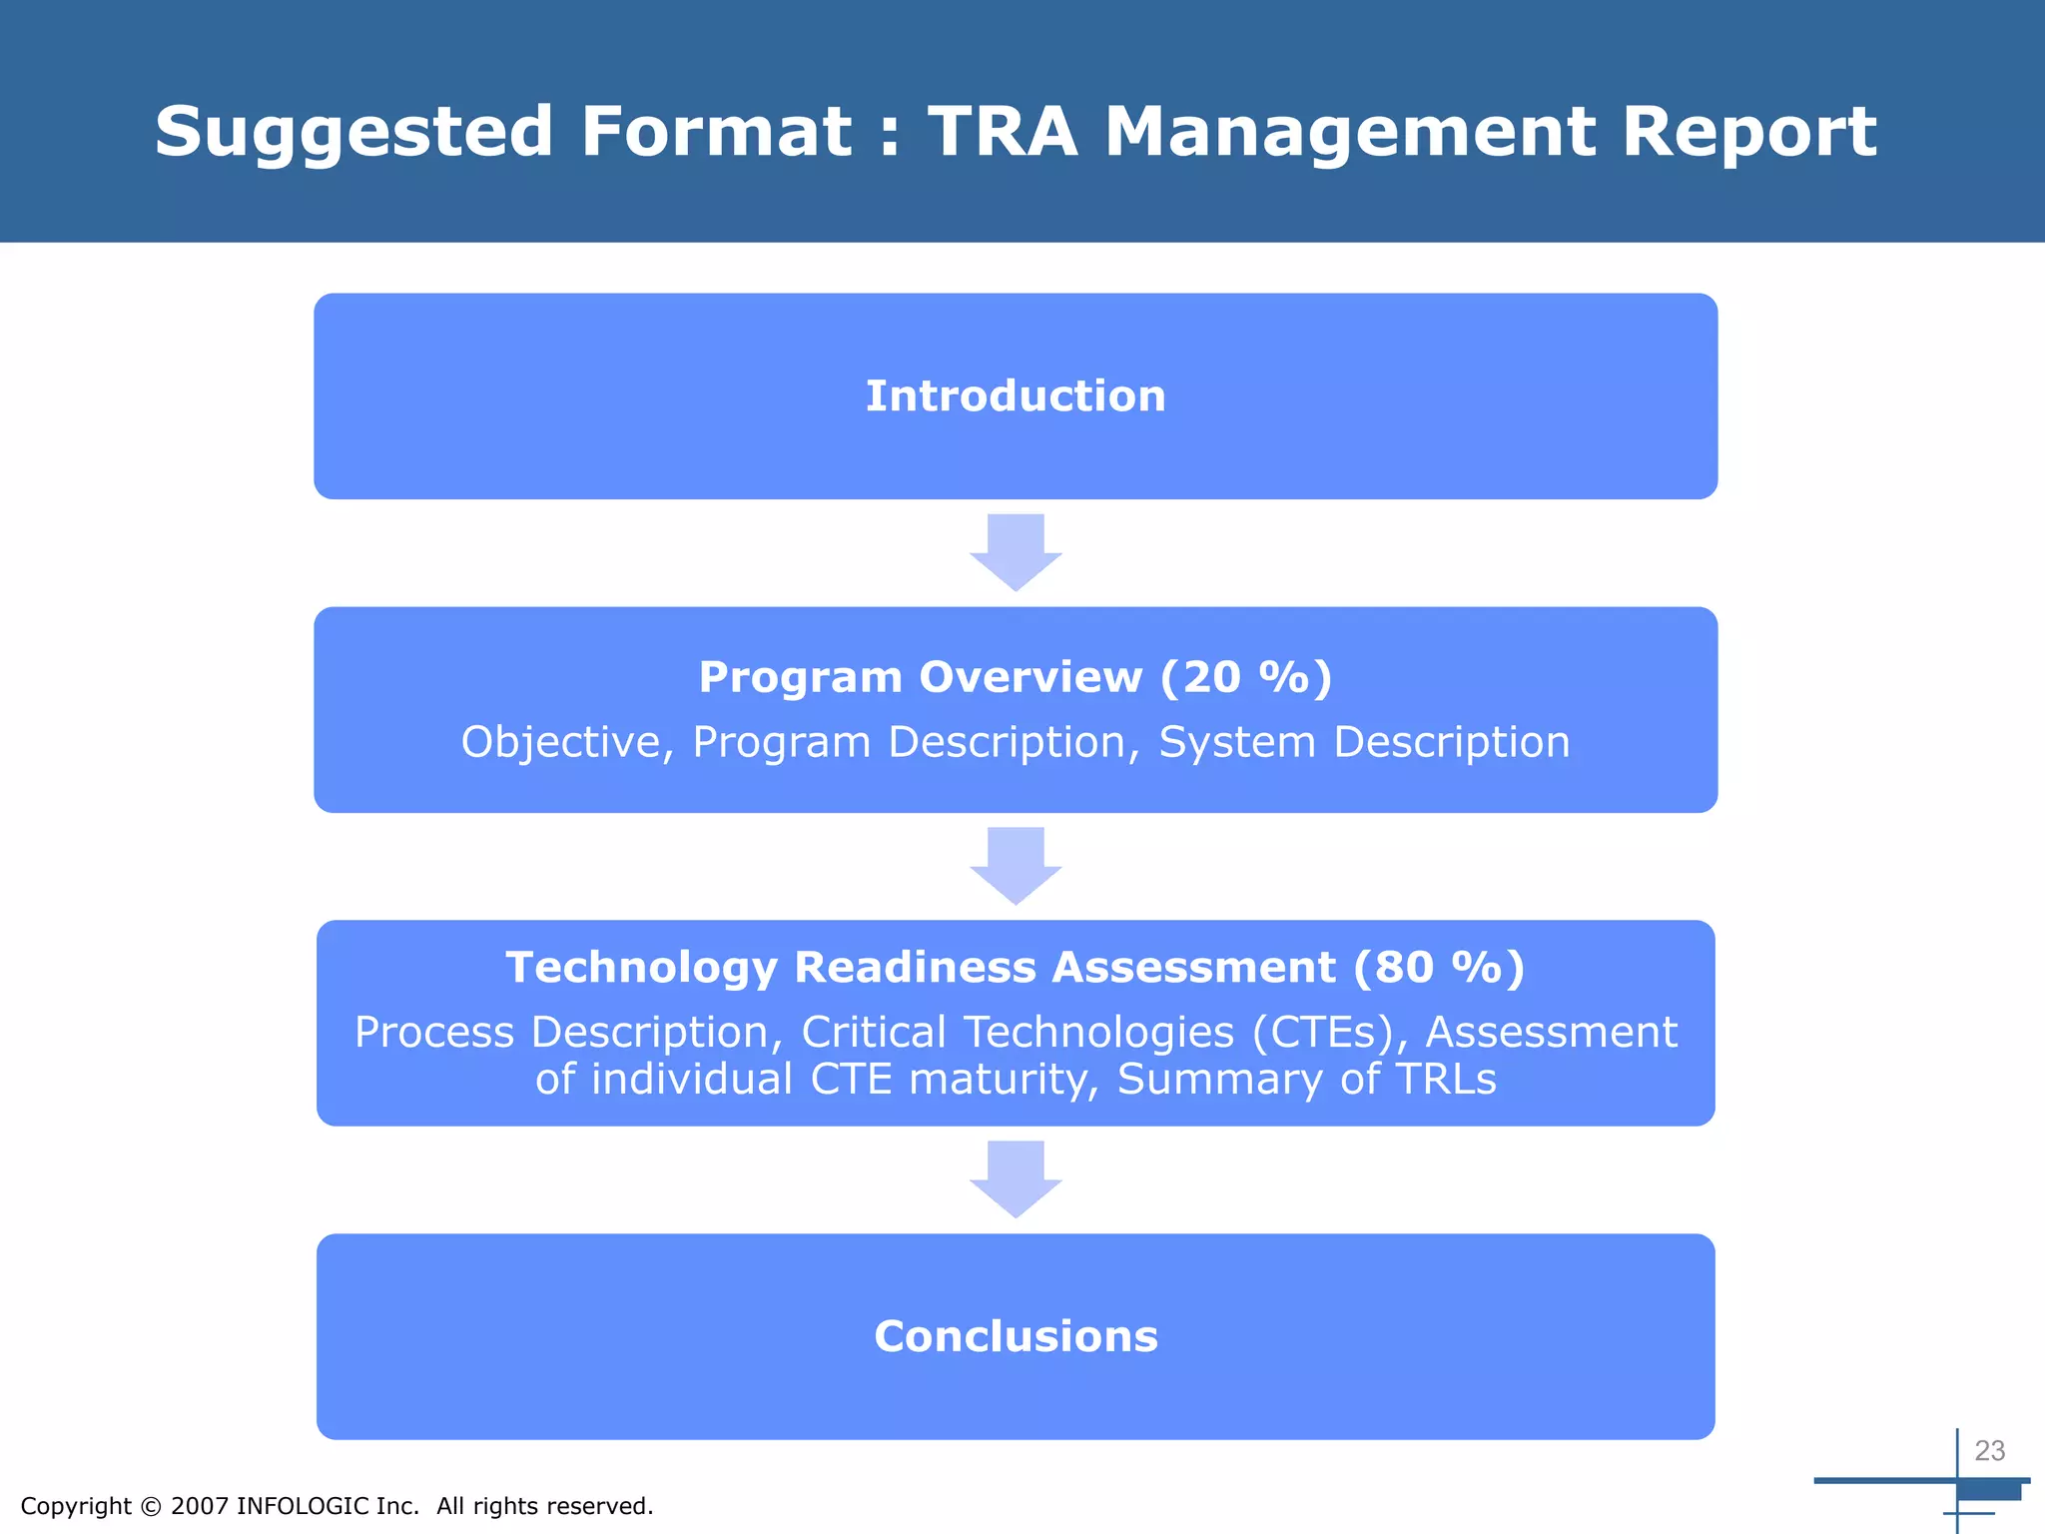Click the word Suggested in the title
pyautogui.click(x=353, y=133)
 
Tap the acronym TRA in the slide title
pyautogui.click(x=1003, y=132)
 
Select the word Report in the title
pyautogui.click(x=1749, y=133)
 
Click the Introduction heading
pyautogui.click(x=1016, y=396)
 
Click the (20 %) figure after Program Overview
pyautogui.click(x=1246, y=678)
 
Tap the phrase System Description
pyautogui.click(x=1364, y=743)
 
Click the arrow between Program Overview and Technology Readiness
pyautogui.click(x=1016, y=865)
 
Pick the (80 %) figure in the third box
pyautogui.click(x=1439, y=968)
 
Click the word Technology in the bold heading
pyautogui.click(x=641, y=968)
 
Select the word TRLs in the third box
pyautogui.click(x=1446, y=1080)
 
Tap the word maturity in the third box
pyautogui.click(x=1004, y=1080)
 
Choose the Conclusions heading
pyautogui.click(x=1016, y=1337)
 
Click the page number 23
pyautogui.click(x=1989, y=1451)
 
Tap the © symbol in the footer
pyautogui.click(x=151, y=1506)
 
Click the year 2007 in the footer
pyautogui.click(x=200, y=1506)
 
